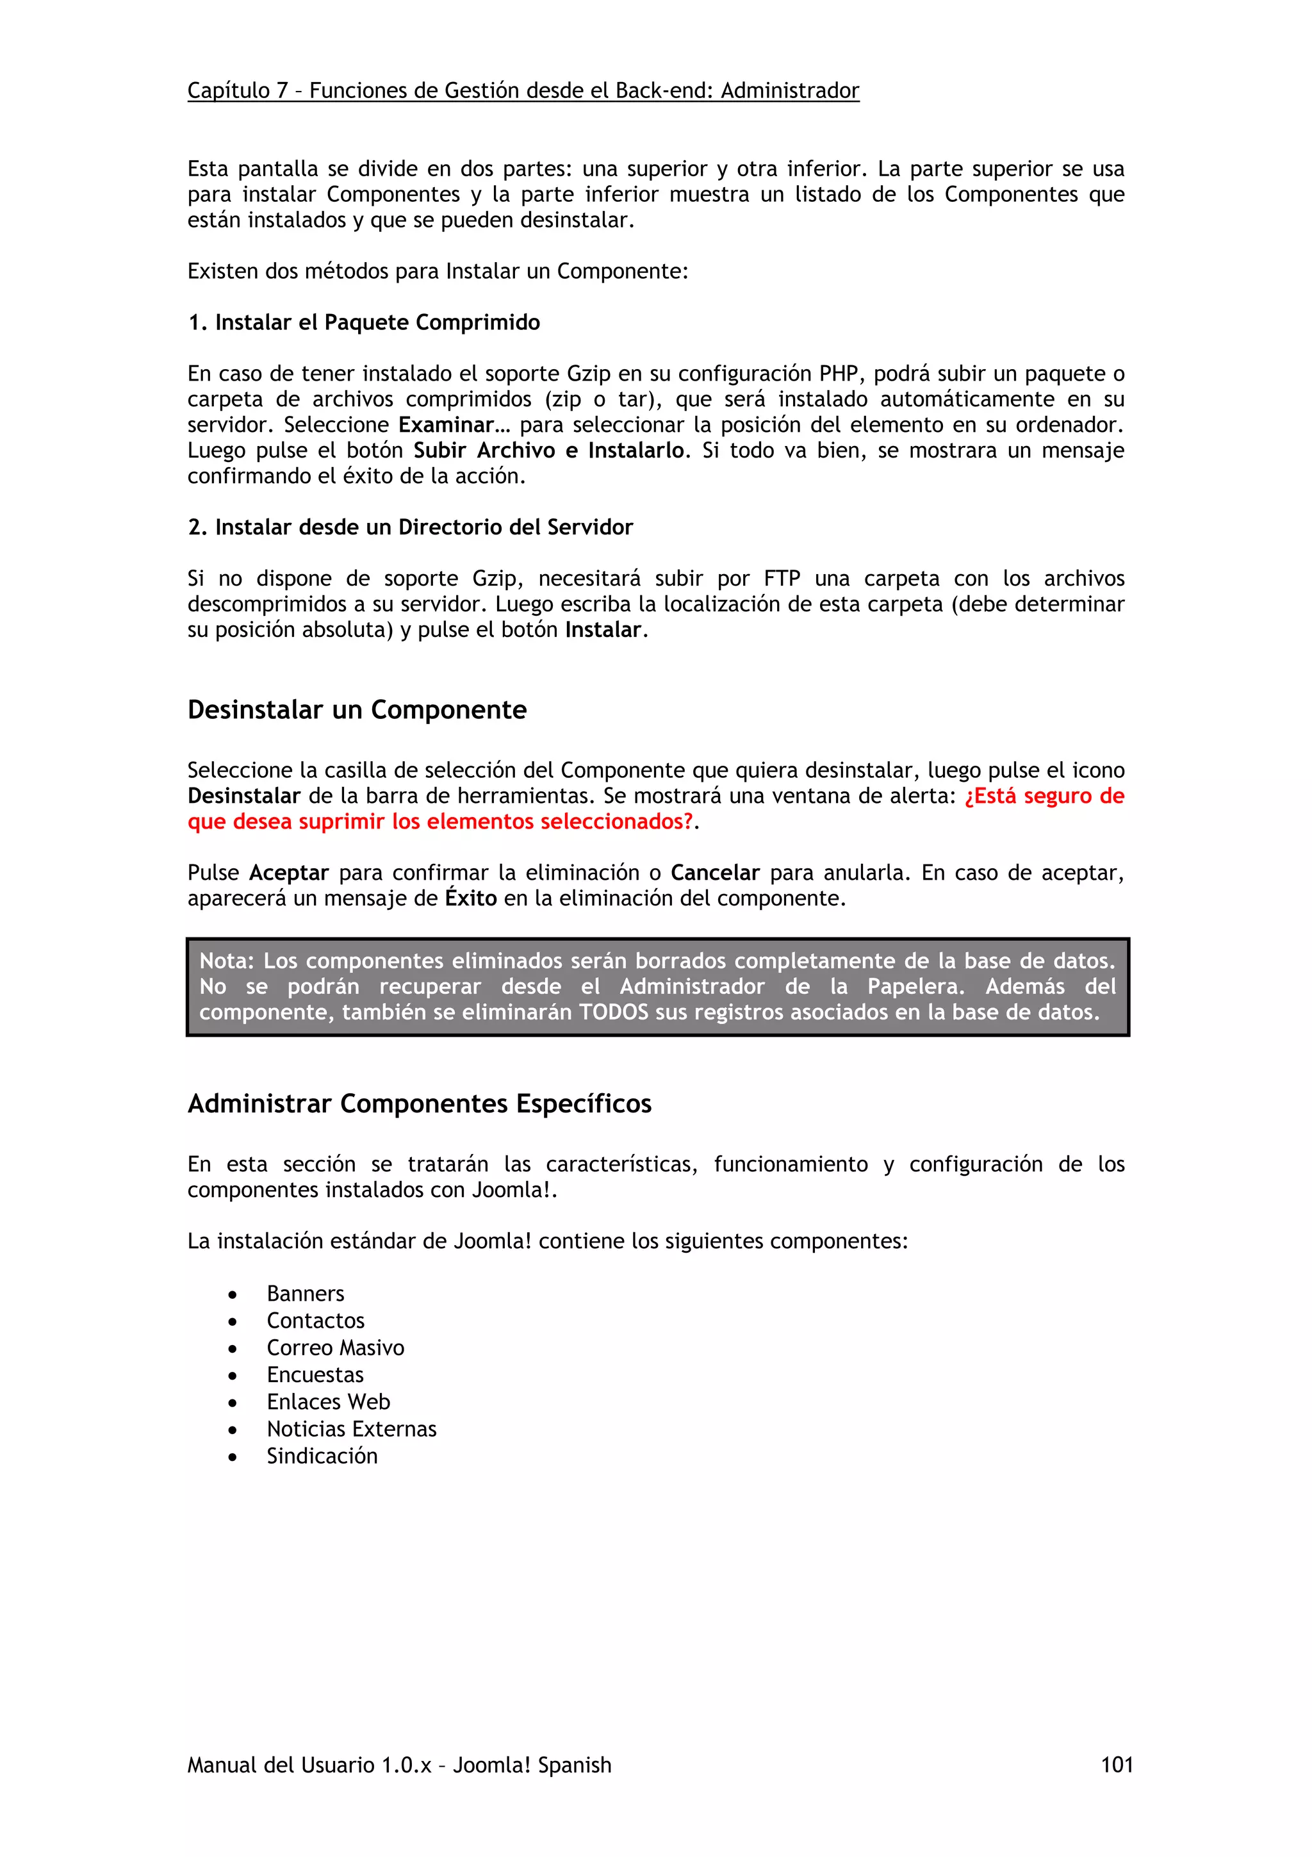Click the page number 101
pyautogui.click(x=1117, y=1764)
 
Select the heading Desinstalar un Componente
pyautogui.click(x=356, y=709)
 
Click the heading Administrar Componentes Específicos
pyautogui.click(x=419, y=1103)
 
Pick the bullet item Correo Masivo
pyautogui.click(x=334, y=1348)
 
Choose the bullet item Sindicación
pyautogui.click(x=322, y=1456)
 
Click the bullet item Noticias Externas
pyautogui.click(x=351, y=1428)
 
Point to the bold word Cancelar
pyautogui.click(x=714, y=873)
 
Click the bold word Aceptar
pyautogui.click(x=288, y=873)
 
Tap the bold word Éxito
pyautogui.click(x=470, y=898)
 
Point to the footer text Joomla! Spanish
pyautogui.click(x=531, y=1764)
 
